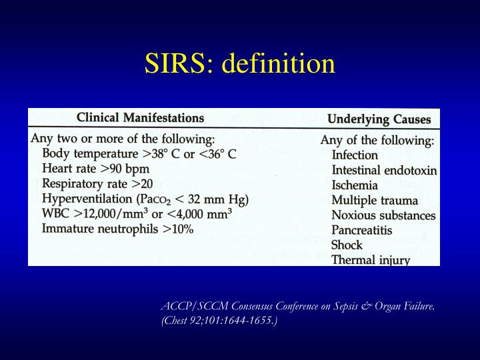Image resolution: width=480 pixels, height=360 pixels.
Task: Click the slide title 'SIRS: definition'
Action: pos(240,64)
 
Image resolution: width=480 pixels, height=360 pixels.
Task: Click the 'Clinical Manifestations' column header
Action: pos(140,118)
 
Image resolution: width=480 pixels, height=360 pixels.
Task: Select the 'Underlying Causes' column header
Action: pos(379,120)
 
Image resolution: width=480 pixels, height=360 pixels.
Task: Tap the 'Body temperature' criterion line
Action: pos(139,154)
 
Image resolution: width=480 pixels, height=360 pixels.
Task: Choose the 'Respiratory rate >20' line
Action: pos(98,183)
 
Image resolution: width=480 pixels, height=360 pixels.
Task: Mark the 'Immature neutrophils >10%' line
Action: pos(117,228)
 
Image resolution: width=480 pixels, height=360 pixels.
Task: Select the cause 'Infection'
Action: pos(355,155)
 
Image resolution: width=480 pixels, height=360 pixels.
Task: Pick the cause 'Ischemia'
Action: pos(355,185)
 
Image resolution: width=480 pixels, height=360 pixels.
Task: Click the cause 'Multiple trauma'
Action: pos(375,200)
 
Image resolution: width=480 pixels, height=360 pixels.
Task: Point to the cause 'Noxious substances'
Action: pos(383,215)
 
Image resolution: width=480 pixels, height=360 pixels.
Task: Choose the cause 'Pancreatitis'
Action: pos(362,230)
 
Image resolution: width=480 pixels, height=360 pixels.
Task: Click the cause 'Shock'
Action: pos(347,245)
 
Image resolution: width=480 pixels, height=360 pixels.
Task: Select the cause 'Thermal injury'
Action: pos(371,260)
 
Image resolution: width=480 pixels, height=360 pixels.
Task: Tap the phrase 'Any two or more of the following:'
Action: pos(123,139)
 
